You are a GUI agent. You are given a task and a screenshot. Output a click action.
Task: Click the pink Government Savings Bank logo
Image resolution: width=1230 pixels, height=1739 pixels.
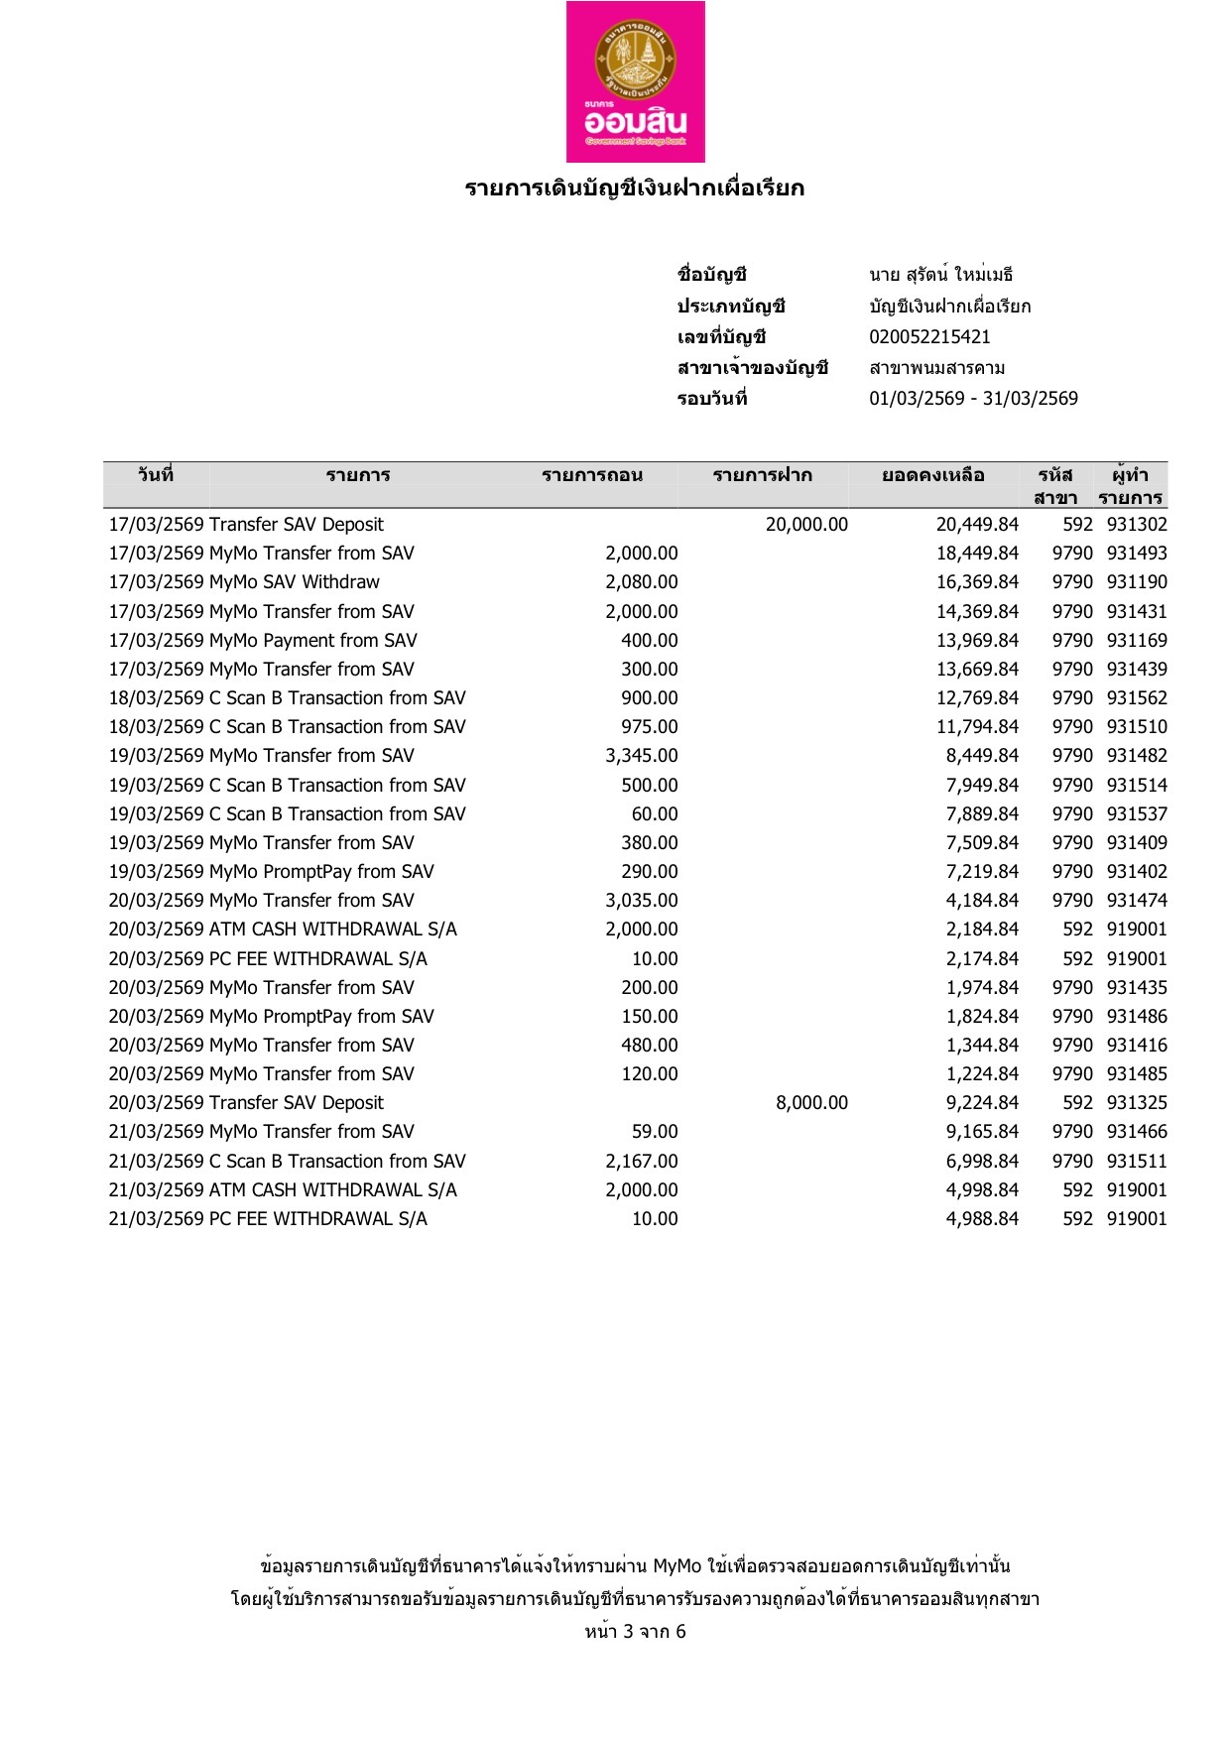click(x=635, y=81)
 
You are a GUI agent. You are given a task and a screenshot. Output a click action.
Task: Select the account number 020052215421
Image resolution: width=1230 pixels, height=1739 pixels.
click(x=929, y=337)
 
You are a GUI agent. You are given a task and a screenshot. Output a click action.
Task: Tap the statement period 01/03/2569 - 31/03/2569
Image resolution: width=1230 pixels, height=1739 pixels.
click(x=973, y=399)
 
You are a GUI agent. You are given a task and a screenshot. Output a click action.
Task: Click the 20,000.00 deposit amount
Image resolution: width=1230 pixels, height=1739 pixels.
click(x=806, y=525)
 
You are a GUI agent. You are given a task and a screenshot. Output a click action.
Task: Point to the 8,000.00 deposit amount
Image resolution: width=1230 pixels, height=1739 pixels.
click(x=811, y=1103)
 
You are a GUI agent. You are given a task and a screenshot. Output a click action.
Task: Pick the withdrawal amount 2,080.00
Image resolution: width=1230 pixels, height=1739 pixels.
click(x=642, y=582)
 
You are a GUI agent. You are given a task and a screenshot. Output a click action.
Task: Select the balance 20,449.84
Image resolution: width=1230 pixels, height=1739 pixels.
click(x=977, y=525)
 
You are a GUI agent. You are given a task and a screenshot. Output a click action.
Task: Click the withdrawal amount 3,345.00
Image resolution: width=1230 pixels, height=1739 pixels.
click(x=642, y=756)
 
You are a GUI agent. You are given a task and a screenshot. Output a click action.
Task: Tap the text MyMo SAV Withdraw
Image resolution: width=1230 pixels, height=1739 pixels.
click(x=295, y=582)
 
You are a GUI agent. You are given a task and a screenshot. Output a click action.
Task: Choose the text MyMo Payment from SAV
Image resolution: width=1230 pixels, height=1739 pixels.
click(x=313, y=641)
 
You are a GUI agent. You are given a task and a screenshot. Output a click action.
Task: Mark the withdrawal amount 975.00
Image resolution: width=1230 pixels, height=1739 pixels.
click(x=650, y=727)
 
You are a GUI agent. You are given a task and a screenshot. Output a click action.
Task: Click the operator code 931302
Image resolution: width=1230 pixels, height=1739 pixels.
click(x=1137, y=525)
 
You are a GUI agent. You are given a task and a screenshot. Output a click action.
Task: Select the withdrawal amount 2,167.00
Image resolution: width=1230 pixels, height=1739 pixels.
click(x=642, y=1162)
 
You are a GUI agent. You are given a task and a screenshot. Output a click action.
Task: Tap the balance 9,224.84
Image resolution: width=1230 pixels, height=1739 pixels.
click(x=982, y=1103)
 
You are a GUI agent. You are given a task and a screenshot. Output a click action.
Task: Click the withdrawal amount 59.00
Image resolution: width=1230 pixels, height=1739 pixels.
click(x=655, y=1132)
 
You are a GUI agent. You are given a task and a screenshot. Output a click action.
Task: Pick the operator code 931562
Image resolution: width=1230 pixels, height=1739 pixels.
click(x=1137, y=698)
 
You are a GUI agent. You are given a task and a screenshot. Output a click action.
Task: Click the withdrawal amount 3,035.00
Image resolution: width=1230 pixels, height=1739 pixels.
click(x=642, y=901)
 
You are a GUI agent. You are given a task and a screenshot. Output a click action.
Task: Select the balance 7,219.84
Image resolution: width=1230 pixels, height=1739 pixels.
click(x=982, y=872)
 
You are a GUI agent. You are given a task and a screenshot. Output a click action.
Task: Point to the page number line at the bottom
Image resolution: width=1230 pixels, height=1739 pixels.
click(x=635, y=1632)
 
